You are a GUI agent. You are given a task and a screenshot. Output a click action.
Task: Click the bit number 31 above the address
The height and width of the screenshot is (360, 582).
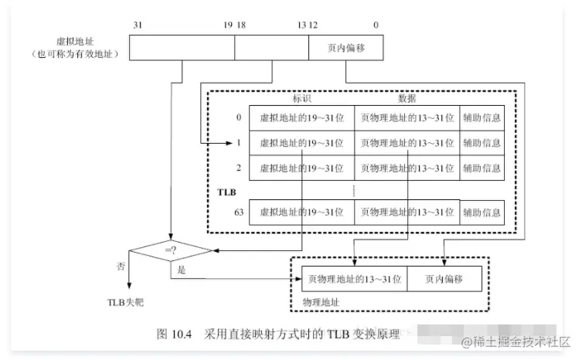(137, 25)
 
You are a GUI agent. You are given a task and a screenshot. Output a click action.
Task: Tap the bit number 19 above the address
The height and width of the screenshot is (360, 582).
(227, 25)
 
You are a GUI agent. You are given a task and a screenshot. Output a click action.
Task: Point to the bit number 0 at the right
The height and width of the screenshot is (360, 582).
(376, 25)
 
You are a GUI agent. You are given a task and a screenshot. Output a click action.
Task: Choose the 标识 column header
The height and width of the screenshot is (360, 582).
(301, 98)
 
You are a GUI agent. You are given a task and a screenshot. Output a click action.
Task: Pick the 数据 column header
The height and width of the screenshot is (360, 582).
(407, 98)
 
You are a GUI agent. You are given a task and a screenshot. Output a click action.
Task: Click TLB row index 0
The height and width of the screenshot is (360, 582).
(239, 117)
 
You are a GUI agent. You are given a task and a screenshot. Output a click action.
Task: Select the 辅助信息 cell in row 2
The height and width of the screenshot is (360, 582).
(482, 168)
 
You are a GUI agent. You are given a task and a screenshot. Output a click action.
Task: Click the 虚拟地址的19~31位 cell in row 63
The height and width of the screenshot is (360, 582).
(301, 211)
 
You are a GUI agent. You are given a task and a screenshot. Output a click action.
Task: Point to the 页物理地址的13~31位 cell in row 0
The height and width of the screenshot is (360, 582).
(407, 117)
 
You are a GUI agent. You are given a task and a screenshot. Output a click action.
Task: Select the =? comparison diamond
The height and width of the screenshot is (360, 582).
(170, 250)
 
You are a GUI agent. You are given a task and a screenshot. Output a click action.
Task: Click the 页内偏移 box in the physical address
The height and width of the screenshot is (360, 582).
(444, 277)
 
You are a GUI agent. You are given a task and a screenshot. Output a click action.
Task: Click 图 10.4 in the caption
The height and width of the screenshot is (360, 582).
(174, 335)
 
